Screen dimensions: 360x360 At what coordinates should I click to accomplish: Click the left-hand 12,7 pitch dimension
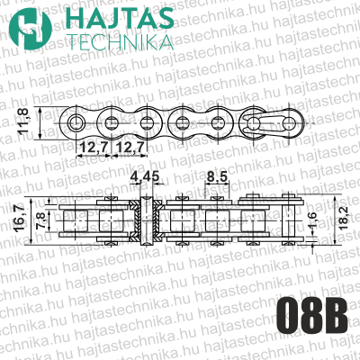click(92, 146)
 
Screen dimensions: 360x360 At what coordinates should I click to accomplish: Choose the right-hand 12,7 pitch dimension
click(131, 146)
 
